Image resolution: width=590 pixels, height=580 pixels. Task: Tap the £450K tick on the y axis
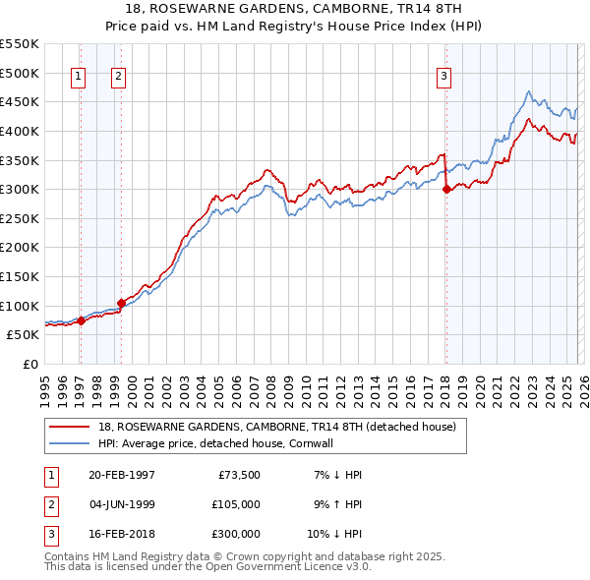(x=20, y=101)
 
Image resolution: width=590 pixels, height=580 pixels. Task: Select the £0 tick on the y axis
(x=30, y=364)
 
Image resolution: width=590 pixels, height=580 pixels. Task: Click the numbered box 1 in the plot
(x=78, y=78)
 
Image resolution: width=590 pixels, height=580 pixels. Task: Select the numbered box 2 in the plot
(x=118, y=78)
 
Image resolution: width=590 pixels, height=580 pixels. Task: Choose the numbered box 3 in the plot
(x=443, y=78)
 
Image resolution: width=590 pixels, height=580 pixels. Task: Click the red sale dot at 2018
(x=445, y=189)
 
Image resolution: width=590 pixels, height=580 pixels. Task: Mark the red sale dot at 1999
(x=121, y=303)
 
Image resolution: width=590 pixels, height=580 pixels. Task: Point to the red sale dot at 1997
(x=82, y=320)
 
